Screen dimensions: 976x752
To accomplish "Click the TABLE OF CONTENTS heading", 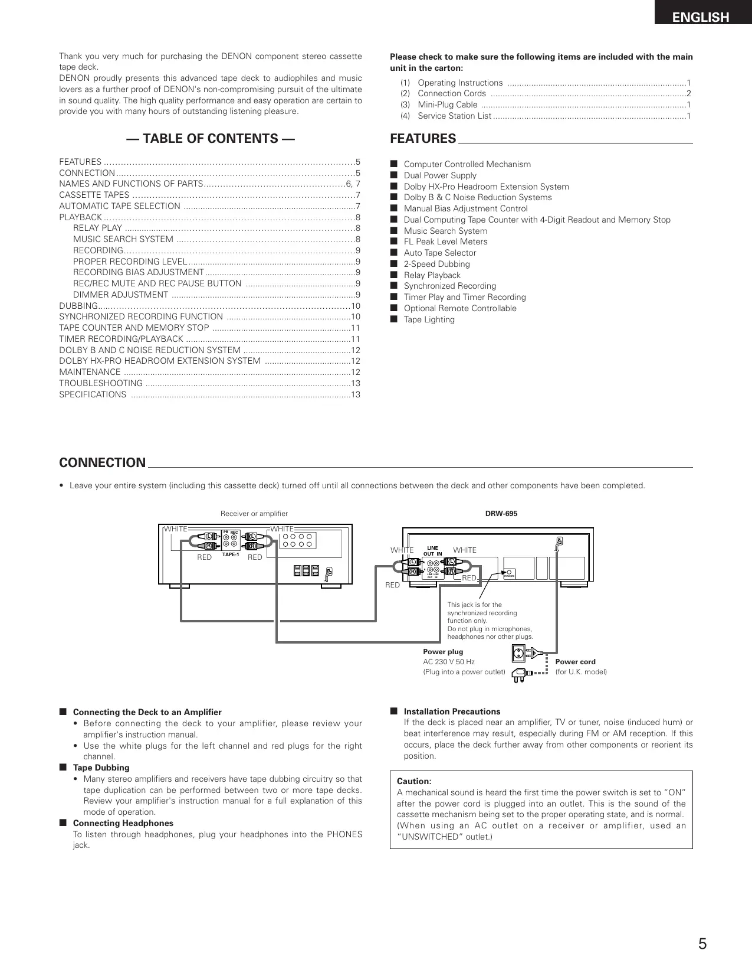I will click(211, 139).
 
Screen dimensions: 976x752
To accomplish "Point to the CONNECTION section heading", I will click(102, 463).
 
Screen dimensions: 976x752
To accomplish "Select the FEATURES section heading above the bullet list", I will click(423, 139).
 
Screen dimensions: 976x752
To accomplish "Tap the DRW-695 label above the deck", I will click(501, 514).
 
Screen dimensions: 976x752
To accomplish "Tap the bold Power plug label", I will click(443, 652).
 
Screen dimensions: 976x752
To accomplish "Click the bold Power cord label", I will click(575, 662).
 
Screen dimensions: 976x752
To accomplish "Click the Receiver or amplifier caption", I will click(254, 514).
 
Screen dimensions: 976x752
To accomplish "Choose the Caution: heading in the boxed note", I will click(414, 781).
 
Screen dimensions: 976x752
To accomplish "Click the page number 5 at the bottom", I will click(702, 944).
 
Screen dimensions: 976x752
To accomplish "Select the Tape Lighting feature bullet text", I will click(429, 319).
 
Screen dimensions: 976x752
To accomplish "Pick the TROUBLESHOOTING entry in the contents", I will click(101, 383).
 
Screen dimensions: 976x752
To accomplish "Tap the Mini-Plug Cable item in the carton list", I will click(447, 105).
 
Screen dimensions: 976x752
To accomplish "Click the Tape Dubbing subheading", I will click(101, 768).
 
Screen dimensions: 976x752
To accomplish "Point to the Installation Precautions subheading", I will click(452, 711).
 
